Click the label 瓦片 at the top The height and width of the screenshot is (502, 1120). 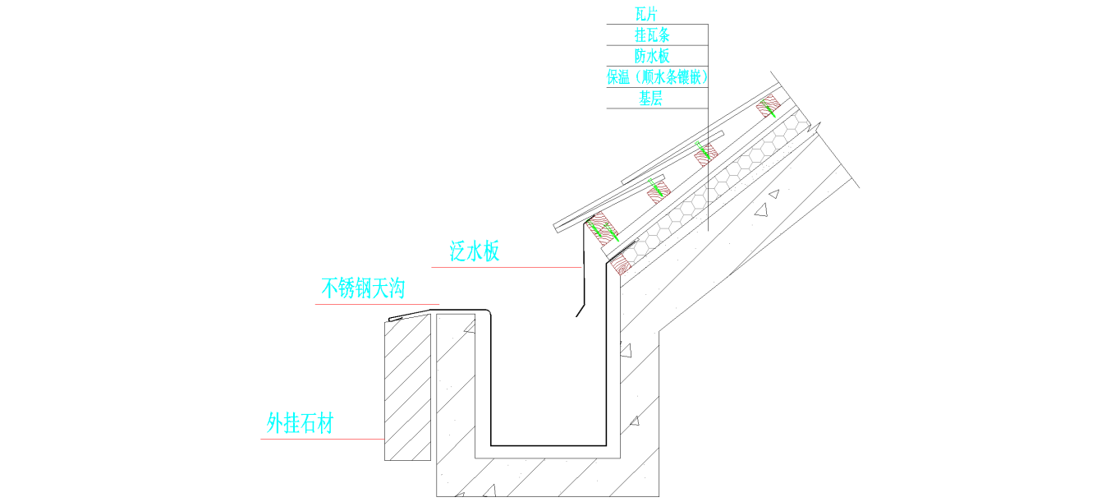point(646,14)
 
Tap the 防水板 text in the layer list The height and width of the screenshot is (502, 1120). point(652,57)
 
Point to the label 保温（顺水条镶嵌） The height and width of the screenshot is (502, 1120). point(657,78)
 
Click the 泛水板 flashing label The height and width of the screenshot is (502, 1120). point(474,252)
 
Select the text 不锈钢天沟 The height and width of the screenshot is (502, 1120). point(363,288)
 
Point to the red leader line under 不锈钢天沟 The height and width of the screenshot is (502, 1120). point(377,305)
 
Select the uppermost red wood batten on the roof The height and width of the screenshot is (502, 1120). point(769,107)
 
